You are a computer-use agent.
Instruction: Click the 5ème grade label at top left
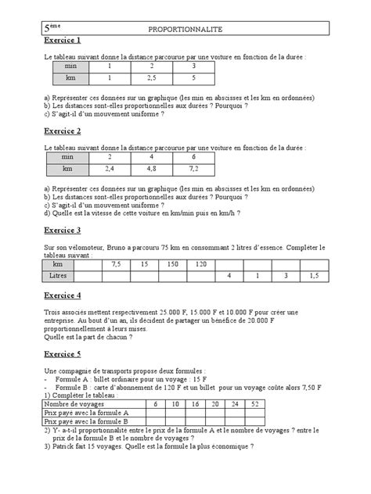click(53, 28)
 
